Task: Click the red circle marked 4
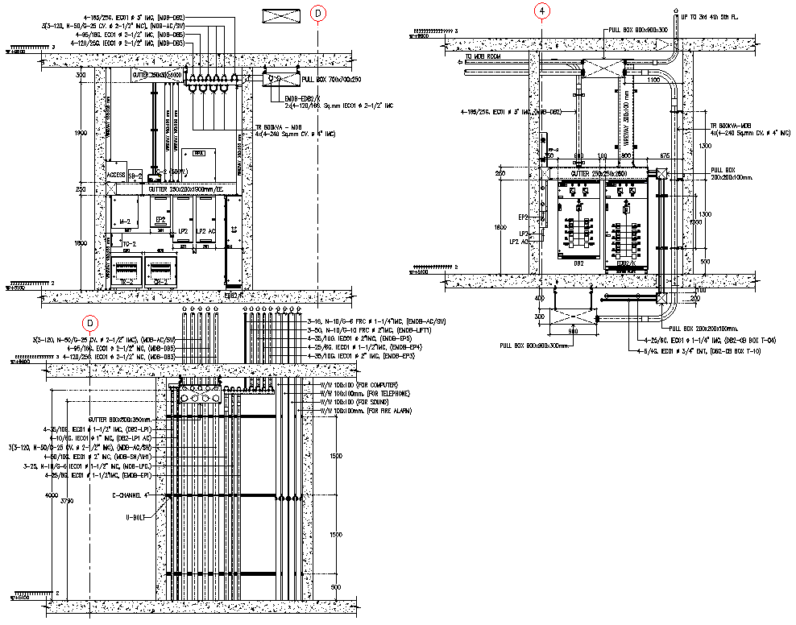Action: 544,10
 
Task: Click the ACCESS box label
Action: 116,175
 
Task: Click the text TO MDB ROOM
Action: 483,58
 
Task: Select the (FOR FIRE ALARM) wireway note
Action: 359,412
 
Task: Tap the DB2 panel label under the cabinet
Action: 578,263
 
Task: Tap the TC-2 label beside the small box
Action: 129,242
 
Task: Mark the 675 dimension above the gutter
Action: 665,155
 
